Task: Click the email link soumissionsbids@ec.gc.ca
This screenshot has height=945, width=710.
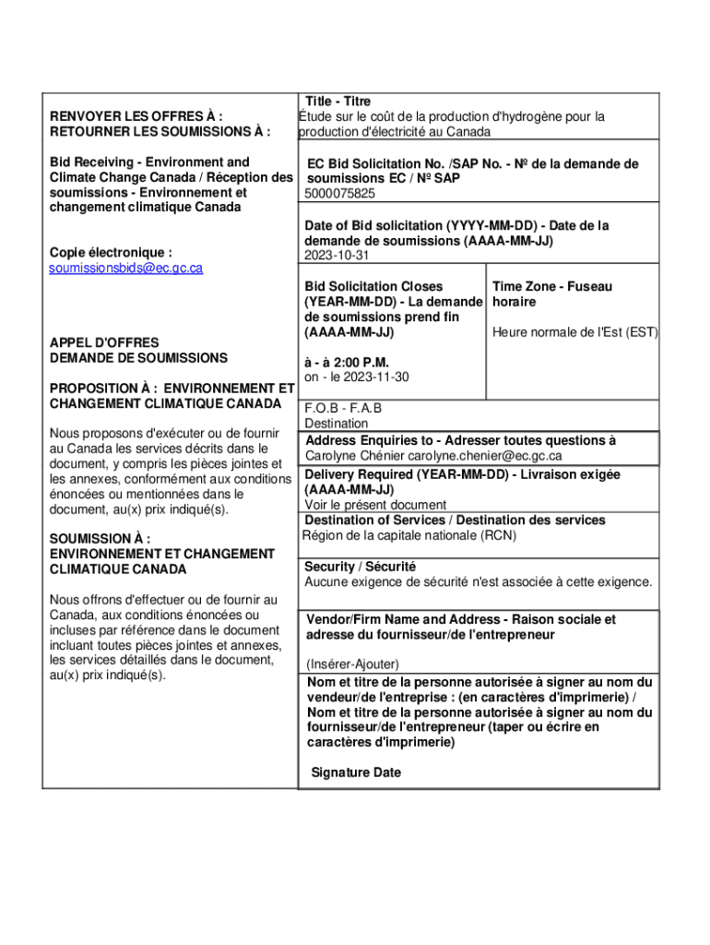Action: (125, 268)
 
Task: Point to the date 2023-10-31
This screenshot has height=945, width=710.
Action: (337, 256)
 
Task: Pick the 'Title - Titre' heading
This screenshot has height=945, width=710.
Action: (337, 102)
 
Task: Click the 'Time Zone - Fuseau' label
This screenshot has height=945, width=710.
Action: (551, 287)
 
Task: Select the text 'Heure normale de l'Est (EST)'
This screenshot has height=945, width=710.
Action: (574, 332)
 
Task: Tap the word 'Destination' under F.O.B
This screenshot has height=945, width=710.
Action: (337, 424)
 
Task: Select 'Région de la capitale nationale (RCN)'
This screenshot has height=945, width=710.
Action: (408, 535)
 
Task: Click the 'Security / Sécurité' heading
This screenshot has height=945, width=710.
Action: (361, 567)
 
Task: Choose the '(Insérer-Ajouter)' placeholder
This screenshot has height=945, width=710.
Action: (352, 664)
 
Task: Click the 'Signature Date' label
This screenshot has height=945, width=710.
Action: (356, 772)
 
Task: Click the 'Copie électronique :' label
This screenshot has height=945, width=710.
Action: (110, 252)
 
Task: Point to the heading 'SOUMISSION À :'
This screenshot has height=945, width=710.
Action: (100, 539)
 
